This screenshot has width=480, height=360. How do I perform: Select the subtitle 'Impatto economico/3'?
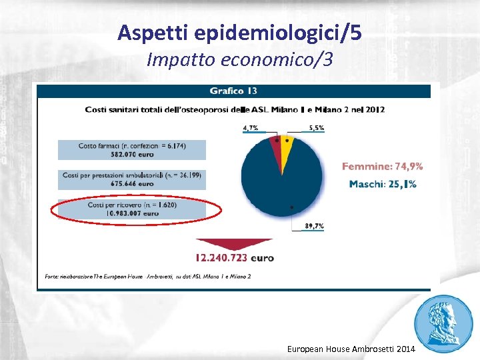(x=239, y=60)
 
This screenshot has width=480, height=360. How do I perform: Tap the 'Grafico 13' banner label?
(x=233, y=91)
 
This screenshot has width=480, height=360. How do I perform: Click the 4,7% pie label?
(x=251, y=127)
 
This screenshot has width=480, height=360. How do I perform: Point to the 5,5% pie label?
(x=315, y=127)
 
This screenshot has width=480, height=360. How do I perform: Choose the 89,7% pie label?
(x=314, y=227)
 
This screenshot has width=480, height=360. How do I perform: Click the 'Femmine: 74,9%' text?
(x=383, y=167)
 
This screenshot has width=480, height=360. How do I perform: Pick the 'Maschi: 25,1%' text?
(x=383, y=183)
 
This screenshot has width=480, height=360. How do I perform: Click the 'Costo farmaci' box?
(x=132, y=149)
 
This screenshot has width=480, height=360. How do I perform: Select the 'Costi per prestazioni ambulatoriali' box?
(x=132, y=179)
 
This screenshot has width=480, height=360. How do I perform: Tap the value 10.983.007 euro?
(x=132, y=213)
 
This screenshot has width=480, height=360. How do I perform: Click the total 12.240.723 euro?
(x=234, y=258)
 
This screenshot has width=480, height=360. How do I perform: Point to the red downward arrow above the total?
(x=234, y=245)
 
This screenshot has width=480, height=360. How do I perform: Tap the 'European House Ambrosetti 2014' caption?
(x=351, y=349)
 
